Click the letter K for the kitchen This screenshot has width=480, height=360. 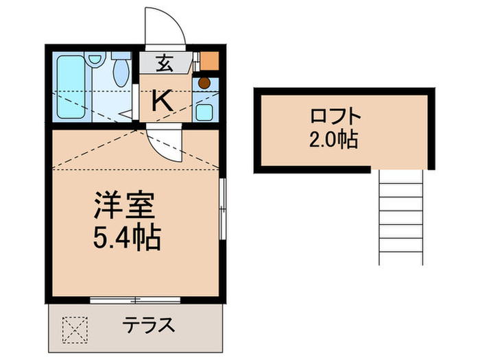[x=163, y=101]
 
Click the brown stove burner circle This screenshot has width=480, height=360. [x=204, y=83]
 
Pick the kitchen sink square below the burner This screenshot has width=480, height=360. [x=204, y=110]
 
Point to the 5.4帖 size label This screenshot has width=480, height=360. [x=126, y=238]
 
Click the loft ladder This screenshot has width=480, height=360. [x=400, y=217]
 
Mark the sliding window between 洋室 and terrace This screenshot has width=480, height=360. [x=135, y=299]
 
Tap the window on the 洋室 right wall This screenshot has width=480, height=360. [x=221, y=209]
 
